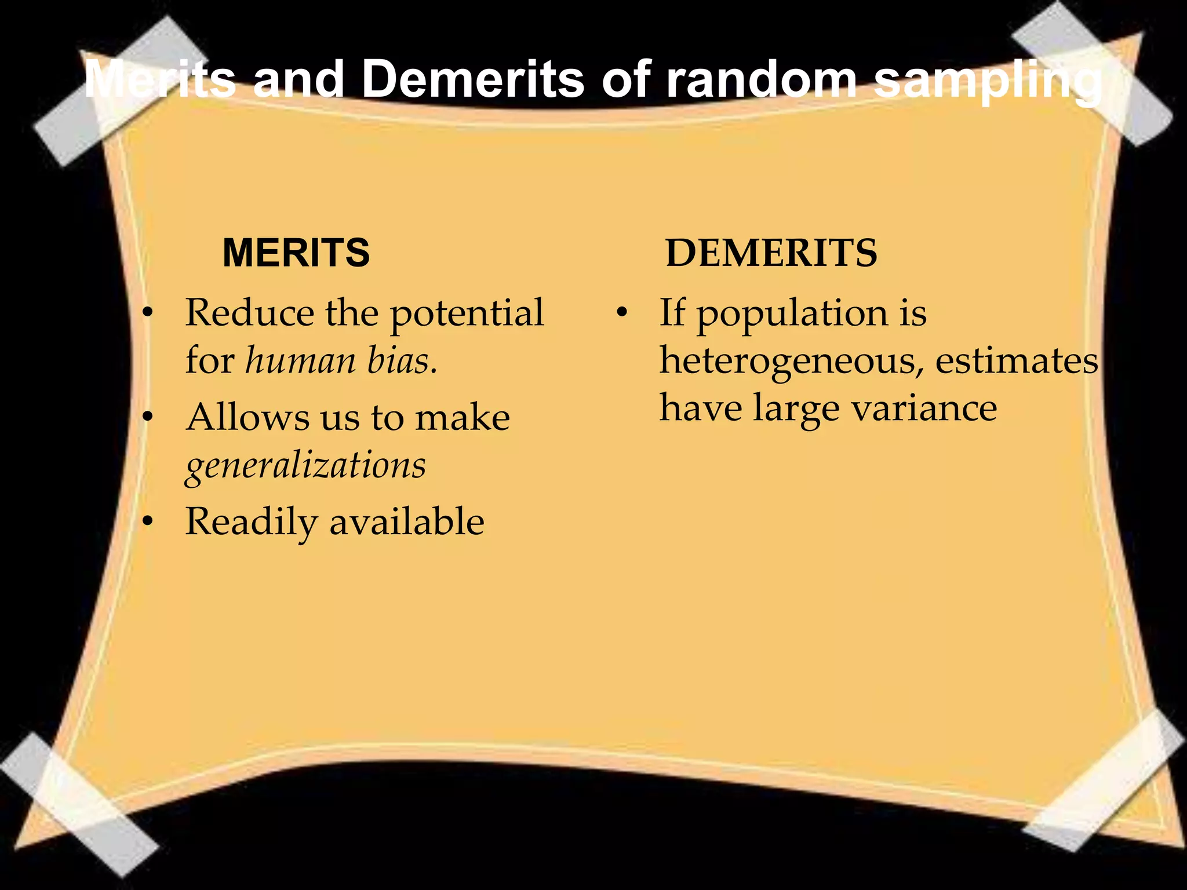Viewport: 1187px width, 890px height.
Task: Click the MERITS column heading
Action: pyautogui.click(x=296, y=253)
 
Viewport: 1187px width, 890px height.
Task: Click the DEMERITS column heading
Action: pyautogui.click(x=771, y=253)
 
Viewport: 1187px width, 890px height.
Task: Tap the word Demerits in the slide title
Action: pyautogui.click(x=472, y=79)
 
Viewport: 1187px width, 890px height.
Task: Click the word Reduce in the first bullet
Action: pyautogui.click(x=249, y=313)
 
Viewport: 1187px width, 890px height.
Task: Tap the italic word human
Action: pyautogui.click(x=300, y=360)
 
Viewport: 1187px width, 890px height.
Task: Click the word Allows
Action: pyautogui.click(x=247, y=417)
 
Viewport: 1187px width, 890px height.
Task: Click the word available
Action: pyautogui.click(x=407, y=521)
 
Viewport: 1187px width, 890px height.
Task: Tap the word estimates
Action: pyautogui.click(x=1017, y=360)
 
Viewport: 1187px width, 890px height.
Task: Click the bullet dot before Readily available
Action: pyautogui.click(x=148, y=521)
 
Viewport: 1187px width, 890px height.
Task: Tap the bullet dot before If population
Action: pyautogui.click(x=622, y=313)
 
